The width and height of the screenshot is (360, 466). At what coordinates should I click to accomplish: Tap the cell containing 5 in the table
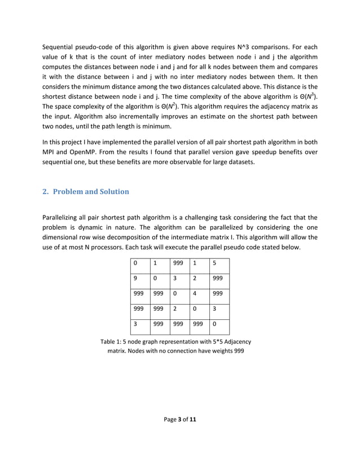[x=214, y=262]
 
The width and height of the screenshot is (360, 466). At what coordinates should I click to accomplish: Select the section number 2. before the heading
[x=46, y=191]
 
